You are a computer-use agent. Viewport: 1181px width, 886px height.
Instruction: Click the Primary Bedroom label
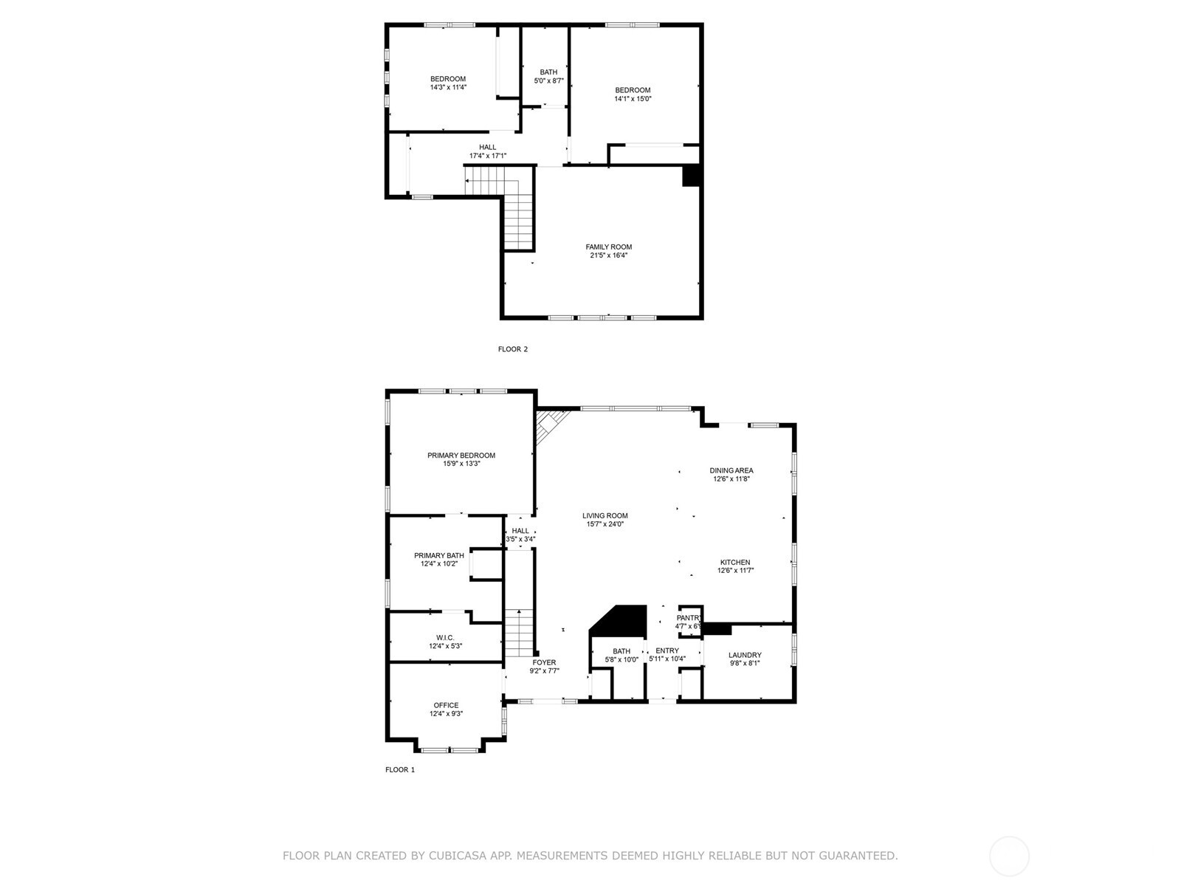[x=461, y=456]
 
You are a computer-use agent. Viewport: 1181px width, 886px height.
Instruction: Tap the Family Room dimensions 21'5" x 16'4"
[x=608, y=255]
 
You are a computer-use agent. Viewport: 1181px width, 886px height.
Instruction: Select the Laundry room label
[x=744, y=655]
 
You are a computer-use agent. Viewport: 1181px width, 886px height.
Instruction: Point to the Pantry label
[x=689, y=618]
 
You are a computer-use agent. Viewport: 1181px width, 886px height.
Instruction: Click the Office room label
[x=446, y=705]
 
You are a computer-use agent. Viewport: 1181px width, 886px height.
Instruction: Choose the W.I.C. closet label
[x=445, y=638]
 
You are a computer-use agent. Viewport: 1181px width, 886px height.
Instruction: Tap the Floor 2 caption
[x=512, y=349]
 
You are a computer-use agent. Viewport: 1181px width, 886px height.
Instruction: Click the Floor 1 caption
[x=400, y=769]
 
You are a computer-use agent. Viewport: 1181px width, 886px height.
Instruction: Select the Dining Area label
[x=731, y=470]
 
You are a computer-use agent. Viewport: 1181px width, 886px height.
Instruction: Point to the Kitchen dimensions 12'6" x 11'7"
[x=735, y=570]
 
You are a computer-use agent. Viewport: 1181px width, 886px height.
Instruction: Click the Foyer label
[x=544, y=662]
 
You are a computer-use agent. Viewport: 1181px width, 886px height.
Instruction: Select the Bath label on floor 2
[x=548, y=72]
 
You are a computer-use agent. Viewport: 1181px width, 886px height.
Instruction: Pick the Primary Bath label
[x=438, y=555]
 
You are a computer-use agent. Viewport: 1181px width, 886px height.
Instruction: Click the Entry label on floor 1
[x=667, y=650]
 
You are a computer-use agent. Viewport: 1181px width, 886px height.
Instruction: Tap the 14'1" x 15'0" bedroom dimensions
[x=633, y=98]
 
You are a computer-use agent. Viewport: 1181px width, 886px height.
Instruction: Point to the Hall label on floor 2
[x=487, y=147]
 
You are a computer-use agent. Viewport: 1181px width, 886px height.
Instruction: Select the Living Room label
[x=605, y=516]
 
